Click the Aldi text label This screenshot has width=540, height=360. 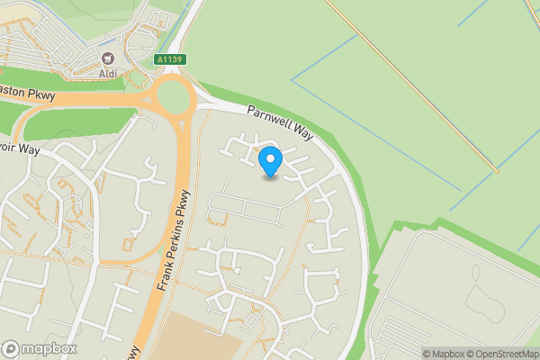108,72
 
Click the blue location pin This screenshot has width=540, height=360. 270,161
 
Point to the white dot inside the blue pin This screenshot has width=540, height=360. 270,157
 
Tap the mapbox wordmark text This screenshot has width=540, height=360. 49,348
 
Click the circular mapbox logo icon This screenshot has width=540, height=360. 12,348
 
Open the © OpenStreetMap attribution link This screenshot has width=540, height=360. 498,354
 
